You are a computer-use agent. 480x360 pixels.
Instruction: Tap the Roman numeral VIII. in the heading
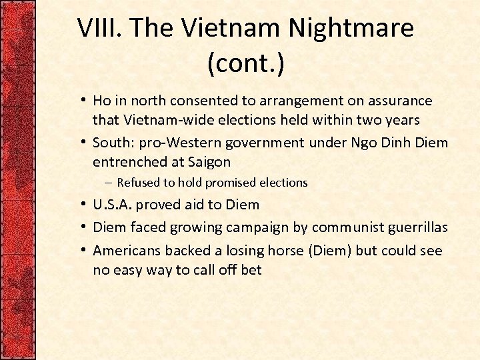[x=100, y=28]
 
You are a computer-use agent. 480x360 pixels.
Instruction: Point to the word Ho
[x=102, y=101]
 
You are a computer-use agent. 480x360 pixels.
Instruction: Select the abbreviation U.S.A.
[x=113, y=205]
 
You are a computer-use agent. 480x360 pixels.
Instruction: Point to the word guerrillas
[x=413, y=227]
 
